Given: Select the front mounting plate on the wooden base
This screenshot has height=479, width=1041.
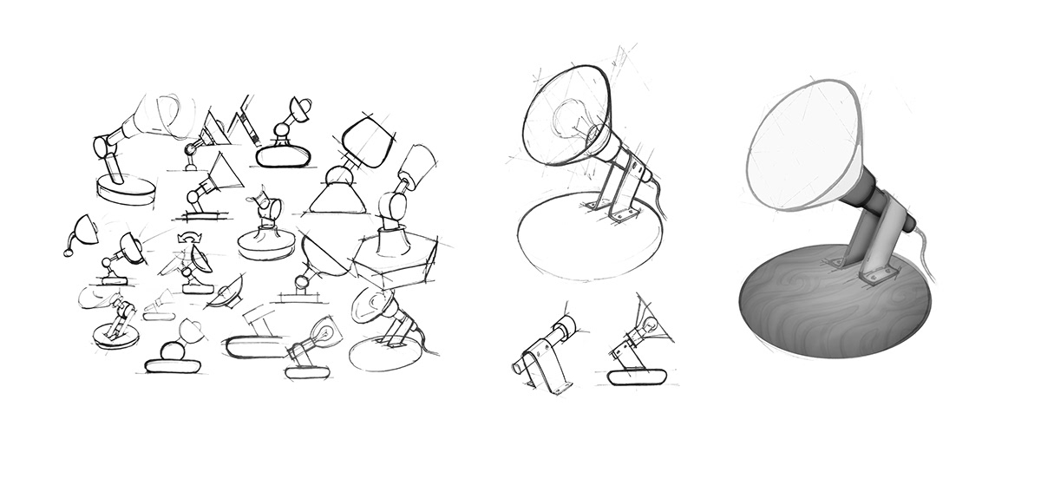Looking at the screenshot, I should (878, 276).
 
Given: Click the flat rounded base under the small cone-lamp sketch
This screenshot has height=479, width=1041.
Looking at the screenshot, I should (636, 377).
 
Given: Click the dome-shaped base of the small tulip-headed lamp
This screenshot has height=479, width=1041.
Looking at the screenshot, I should (265, 236).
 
